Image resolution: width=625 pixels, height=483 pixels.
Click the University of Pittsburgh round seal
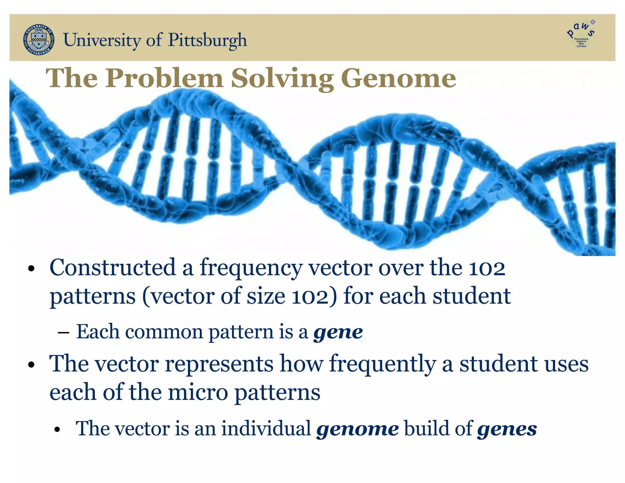tap(39, 40)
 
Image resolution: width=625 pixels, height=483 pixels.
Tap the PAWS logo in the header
tap(581, 34)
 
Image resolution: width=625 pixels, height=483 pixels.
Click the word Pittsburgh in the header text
tap(208, 40)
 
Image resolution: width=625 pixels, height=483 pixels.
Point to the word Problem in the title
tap(165, 78)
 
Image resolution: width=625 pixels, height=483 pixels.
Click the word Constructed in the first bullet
tap(113, 267)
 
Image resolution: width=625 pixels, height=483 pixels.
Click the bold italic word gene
tap(338, 332)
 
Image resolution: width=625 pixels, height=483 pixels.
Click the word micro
tap(198, 392)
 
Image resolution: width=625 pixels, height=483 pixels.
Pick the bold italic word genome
tap(357, 429)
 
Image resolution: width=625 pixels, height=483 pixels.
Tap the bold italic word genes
tap(507, 429)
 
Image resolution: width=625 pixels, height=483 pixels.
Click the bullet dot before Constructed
tap(31, 269)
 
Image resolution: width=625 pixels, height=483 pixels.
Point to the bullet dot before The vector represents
tap(31, 365)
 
